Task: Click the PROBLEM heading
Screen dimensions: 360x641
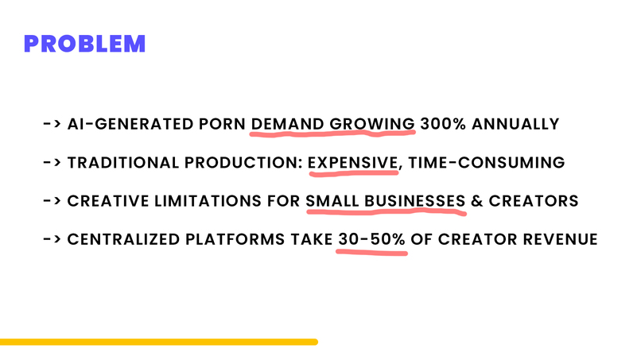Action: pos(85,43)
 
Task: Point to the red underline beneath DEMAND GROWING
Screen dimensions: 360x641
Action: pos(333,134)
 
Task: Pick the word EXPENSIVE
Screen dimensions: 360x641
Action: pos(352,162)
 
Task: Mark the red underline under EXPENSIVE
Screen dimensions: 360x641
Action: pos(353,172)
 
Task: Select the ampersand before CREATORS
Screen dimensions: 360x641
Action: pos(477,200)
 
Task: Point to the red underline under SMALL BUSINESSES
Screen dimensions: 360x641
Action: pos(386,211)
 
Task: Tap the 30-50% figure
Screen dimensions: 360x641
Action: pos(371,238)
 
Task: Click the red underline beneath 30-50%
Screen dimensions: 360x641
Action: pos(371,251)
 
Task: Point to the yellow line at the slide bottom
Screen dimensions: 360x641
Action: pos(159,342)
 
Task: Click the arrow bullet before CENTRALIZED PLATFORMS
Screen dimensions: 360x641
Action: pos(53,238)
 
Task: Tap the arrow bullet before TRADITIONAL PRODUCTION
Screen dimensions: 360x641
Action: pos(53,162)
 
